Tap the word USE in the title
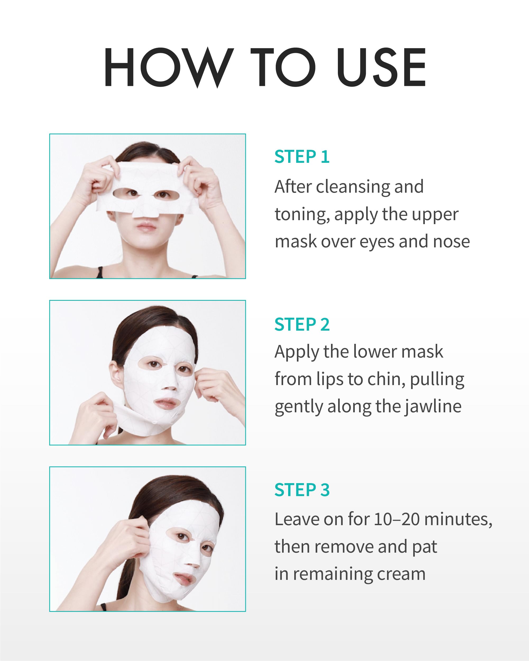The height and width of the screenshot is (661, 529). (381, 67)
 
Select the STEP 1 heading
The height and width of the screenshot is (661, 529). (302, 157)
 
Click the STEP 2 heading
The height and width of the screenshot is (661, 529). (302, 324)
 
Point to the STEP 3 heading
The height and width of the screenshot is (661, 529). (302, 490)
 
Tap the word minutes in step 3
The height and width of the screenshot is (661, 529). (458, 519)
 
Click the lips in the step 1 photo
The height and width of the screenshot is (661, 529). (146, 228)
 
